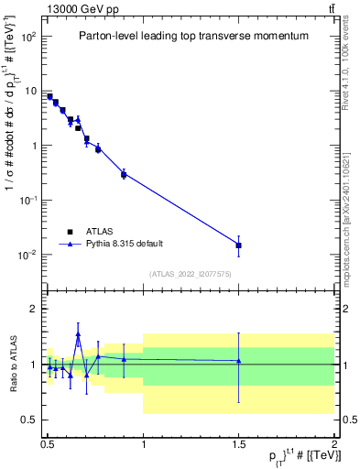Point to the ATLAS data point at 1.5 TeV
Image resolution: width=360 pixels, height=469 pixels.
(239, 245)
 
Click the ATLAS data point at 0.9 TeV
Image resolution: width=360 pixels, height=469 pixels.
(124, 174)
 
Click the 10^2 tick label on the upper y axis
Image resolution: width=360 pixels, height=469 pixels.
(27, 37)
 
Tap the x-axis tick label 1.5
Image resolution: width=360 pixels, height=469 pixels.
(239, 442)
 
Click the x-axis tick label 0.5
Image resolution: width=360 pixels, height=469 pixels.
(48, 442)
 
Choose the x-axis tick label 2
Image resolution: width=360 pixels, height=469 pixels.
(334, 442)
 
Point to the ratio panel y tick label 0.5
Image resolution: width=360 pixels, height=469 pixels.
(29, 420)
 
